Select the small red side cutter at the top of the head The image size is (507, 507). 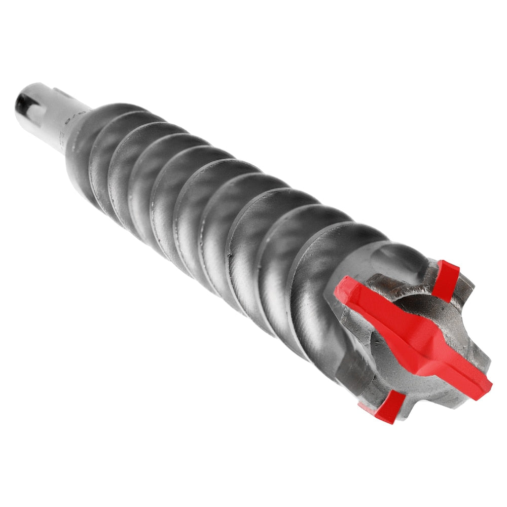446,279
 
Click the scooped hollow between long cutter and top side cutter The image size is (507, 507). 411,299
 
